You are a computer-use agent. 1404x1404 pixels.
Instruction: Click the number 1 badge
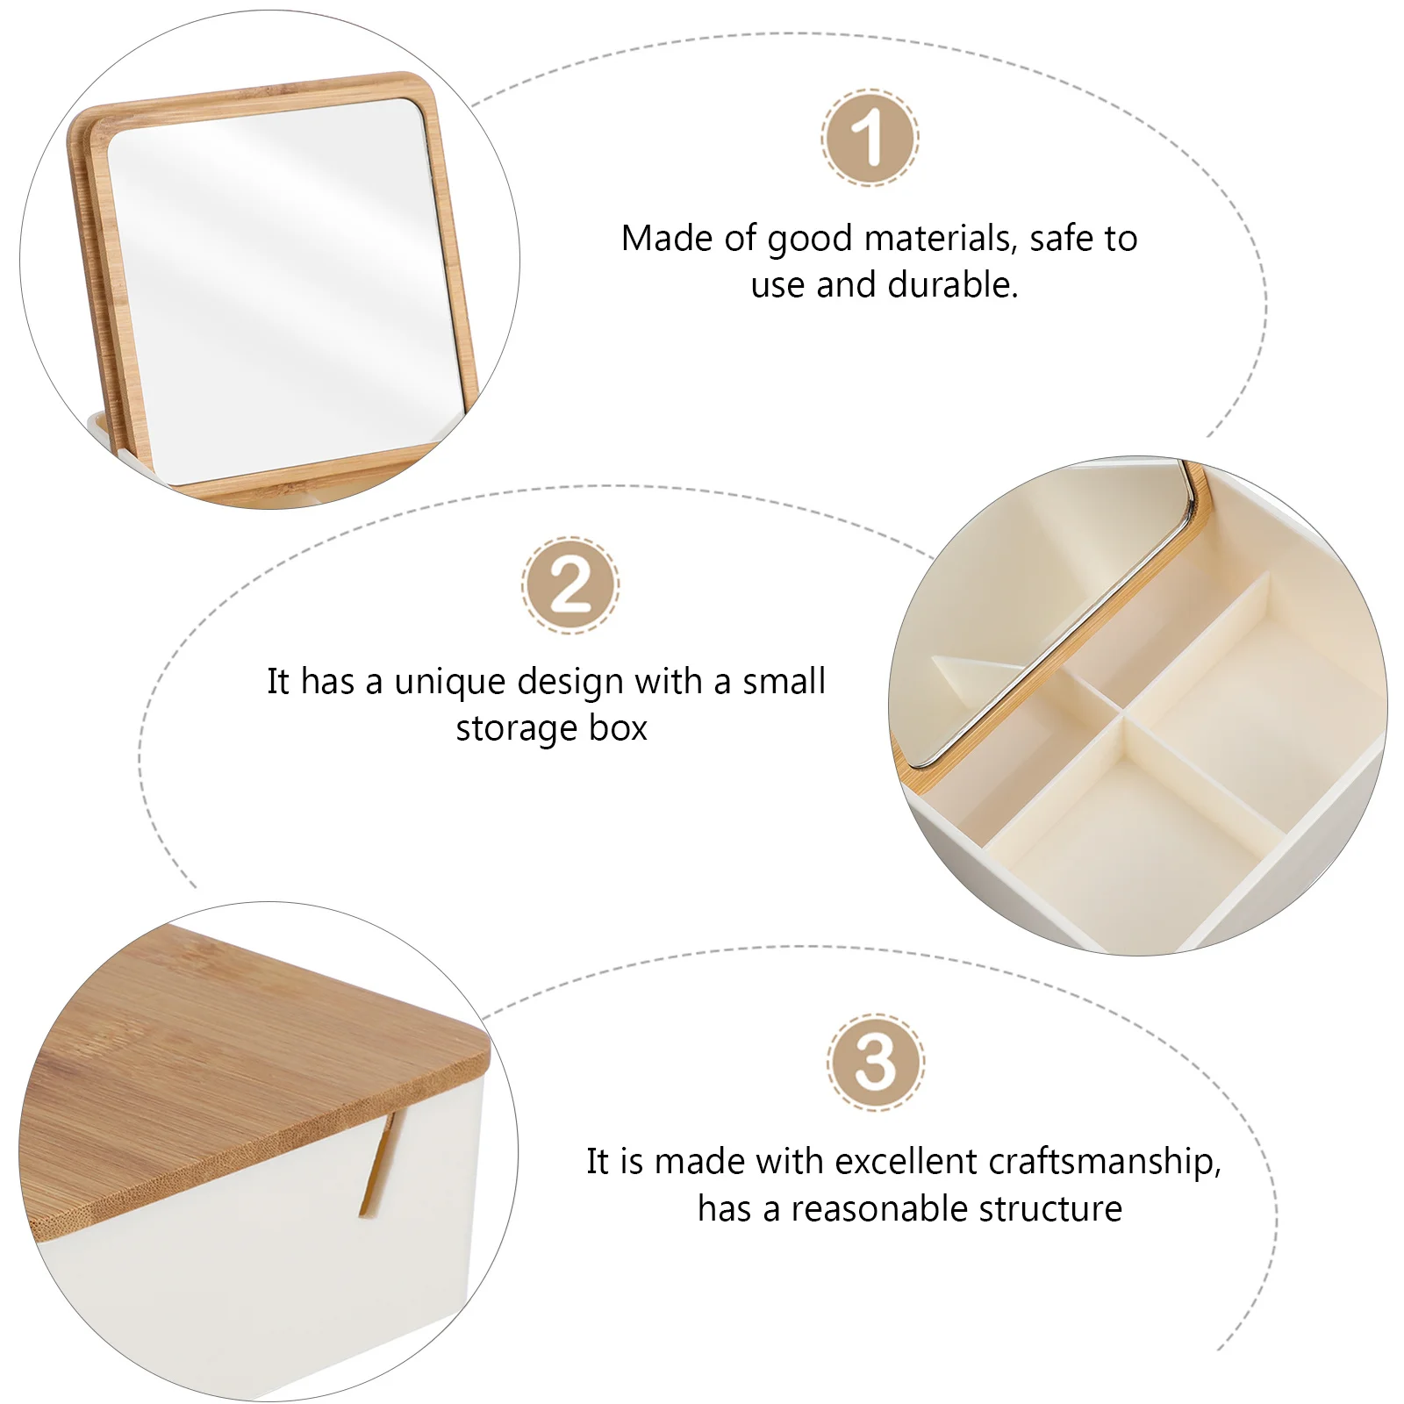click(870, 138)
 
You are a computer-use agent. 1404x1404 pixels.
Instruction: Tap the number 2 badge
click(570, 585)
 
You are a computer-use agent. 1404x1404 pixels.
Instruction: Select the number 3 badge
click(875, 1063)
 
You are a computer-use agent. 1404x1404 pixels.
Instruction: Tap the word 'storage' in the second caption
click(517, 729)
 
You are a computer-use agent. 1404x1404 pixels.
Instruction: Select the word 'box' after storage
click(618, 728)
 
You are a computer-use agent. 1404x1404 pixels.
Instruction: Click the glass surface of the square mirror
click(281, 281)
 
